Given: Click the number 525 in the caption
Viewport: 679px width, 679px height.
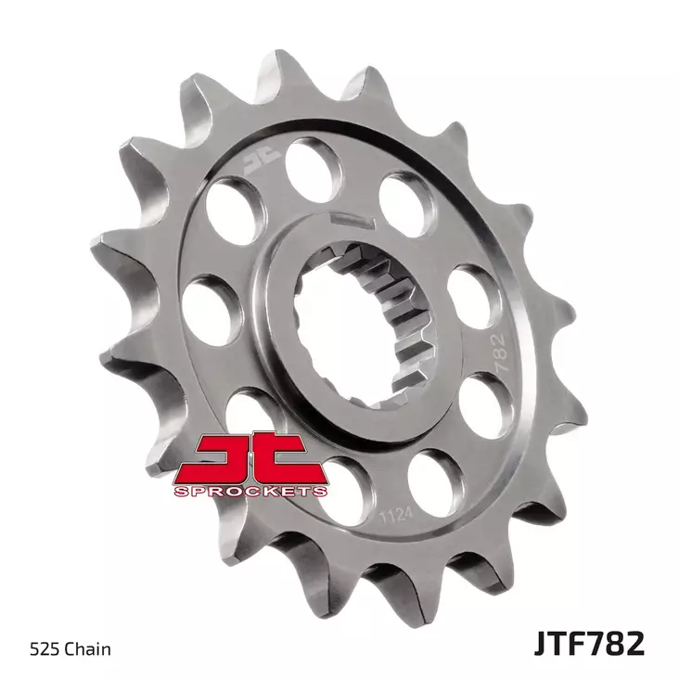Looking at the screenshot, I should (x=47, y=648).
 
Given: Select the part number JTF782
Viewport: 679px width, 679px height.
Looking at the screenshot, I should (x=588, y=643).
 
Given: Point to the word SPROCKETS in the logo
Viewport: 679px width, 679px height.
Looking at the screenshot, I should (x=250, y=490).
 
